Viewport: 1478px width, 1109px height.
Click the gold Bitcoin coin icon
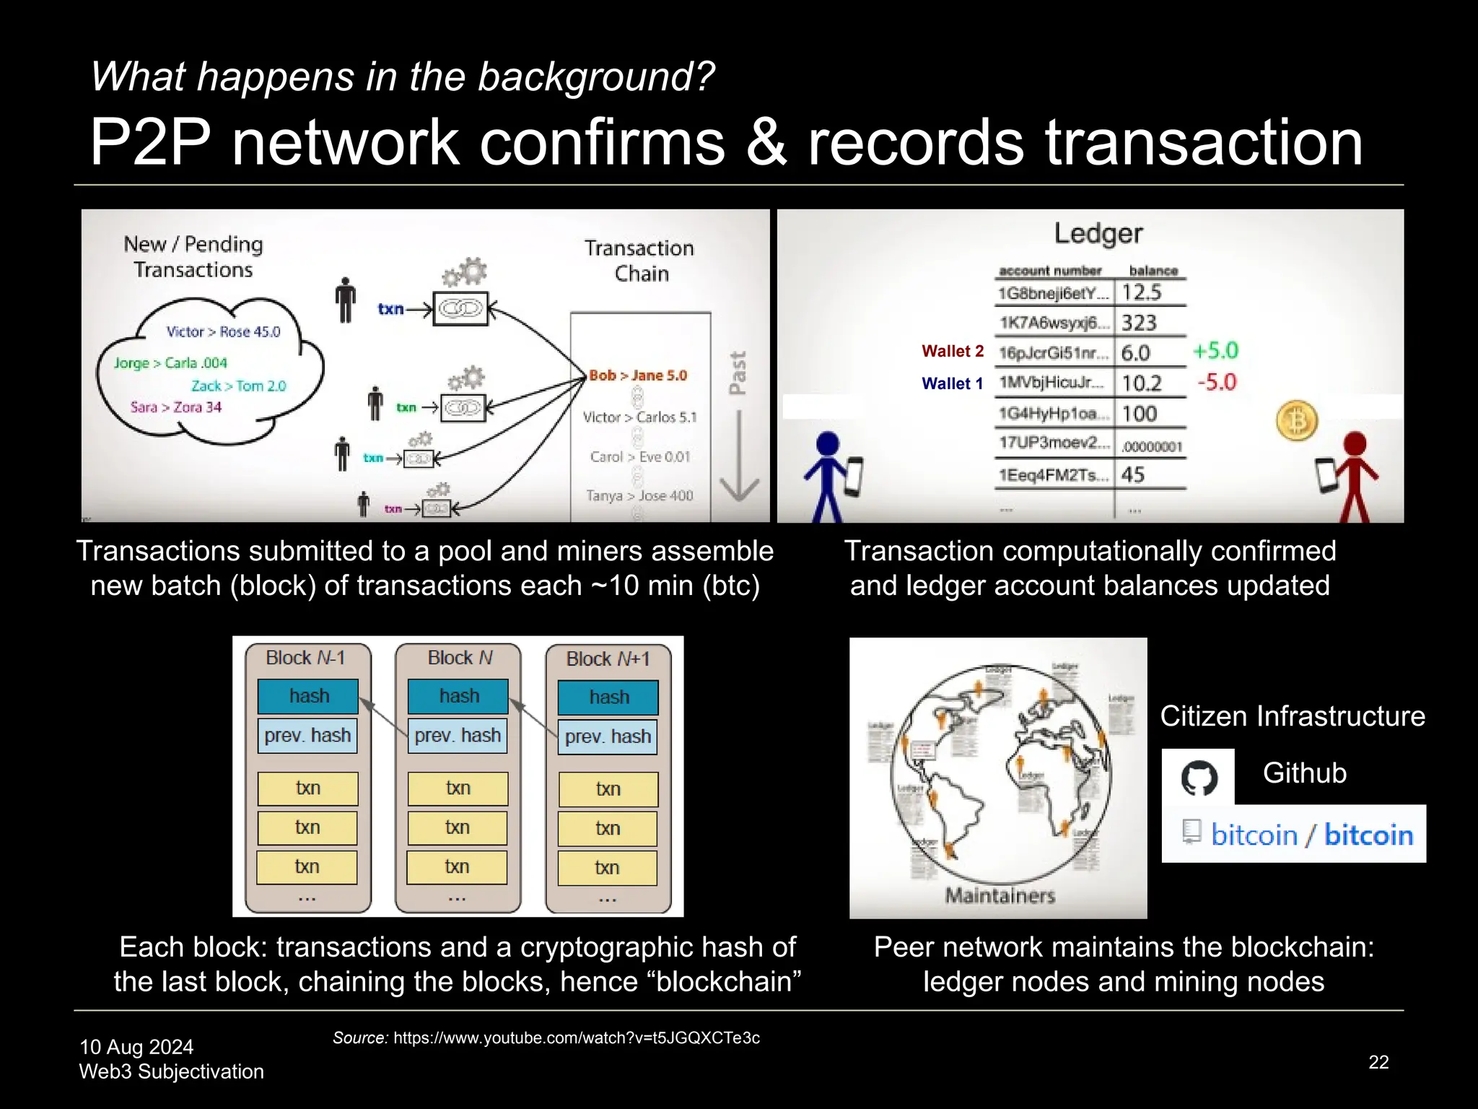[x=1297, y=421]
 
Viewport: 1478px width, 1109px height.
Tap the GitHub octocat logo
[x=1199, y=778]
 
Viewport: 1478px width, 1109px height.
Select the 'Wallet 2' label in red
[x=953, y=352]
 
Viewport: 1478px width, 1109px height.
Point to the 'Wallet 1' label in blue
[x=953, y=383]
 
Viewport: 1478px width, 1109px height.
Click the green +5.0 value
[x=1215, y=351]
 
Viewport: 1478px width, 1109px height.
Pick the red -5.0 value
[x=1217, y=382]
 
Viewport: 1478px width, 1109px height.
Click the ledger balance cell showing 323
[x=1140, y=323]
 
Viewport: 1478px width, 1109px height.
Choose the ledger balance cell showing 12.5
[x=1142, y=292]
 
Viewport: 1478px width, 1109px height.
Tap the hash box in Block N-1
[x=308, y=696]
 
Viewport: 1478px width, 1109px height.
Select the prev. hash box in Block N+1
[x=608, y=736]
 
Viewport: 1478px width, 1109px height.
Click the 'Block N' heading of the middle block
[x=460, y=658]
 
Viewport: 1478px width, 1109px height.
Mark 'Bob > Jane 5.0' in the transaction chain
[x=638, y=375]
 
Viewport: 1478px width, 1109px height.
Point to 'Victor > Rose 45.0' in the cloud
[x=223, y=332]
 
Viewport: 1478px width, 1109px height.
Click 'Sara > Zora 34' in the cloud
[x=176, y=407]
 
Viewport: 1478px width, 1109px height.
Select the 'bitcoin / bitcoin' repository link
[x=1311, y=835]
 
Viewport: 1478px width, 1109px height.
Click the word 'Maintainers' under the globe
[x=1000, y=896]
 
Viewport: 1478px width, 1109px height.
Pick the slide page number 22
[x=1378, y=1062]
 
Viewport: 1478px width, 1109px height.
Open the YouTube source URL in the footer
[x=576, y=1038]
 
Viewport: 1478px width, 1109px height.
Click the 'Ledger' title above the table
[x=1098, y=233]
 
